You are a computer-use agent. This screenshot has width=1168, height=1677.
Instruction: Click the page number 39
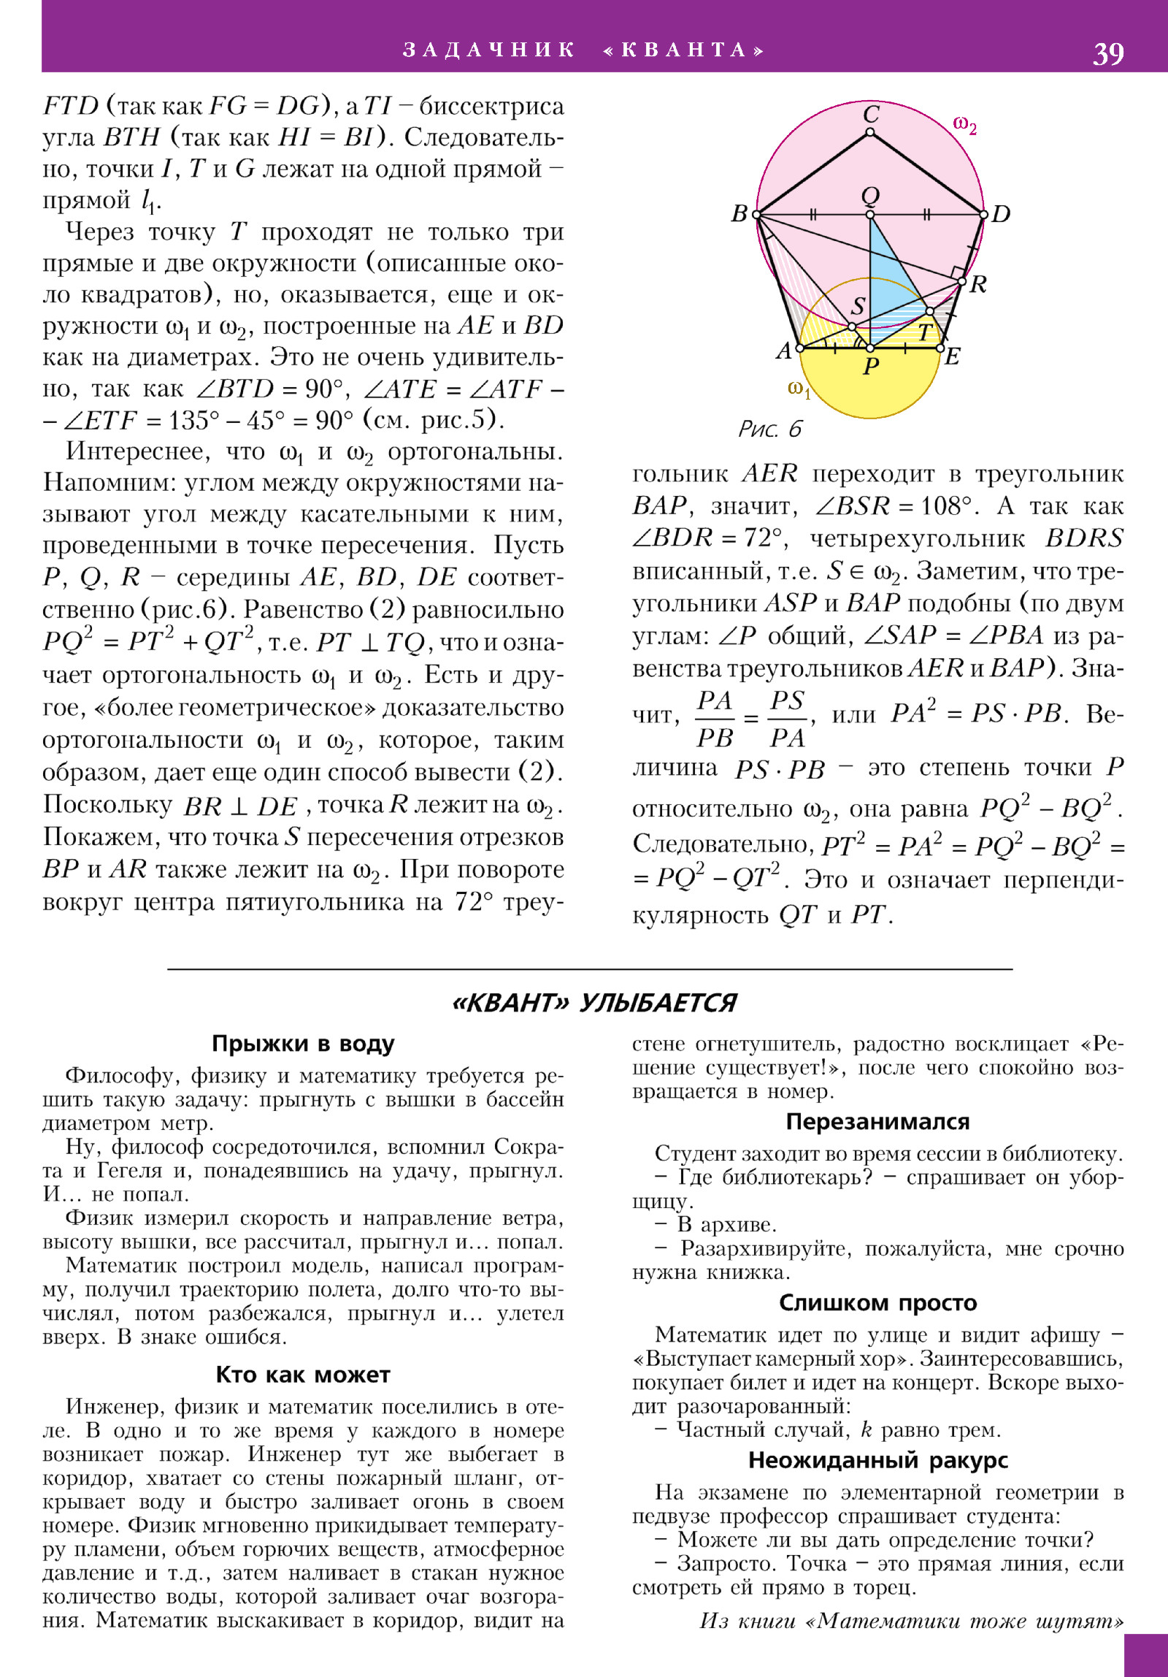(x=1107, y=53)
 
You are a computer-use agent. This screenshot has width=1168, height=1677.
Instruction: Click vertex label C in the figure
(x=871, y=114)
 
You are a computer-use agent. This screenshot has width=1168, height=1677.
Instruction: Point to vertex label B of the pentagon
(x=739, y=213)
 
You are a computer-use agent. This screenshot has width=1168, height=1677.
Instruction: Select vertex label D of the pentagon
(x=1001, y=214)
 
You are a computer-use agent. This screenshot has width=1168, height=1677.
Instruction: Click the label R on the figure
(x=978, y=284)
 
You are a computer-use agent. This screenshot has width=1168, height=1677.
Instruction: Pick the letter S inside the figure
(x=858, y=306)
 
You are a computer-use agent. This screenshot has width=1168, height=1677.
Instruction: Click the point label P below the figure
(x=871, y=366)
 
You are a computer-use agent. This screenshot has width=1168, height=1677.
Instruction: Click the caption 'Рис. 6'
(x=769, y=429)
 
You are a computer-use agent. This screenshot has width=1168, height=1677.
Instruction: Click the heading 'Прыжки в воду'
(x=303, y=1044)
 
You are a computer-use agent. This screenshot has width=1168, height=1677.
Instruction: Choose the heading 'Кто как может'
(x=303, y=1375)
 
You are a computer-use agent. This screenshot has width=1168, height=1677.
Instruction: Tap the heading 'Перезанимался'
(x=877, y=1121)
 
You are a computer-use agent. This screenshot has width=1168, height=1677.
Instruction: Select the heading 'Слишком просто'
(x=877, y=1302)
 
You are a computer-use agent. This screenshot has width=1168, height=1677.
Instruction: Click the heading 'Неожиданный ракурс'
(x=877, y=1460)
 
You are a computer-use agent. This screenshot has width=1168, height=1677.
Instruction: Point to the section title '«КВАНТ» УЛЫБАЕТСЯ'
(x=594, y=1003)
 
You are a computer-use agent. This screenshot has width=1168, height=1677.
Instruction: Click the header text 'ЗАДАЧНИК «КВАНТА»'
(x=583, y=50)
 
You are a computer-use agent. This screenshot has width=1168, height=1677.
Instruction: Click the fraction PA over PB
(x=715, y=719)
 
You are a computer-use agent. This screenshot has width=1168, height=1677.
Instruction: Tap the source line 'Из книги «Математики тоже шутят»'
(x=911, y=1621)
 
